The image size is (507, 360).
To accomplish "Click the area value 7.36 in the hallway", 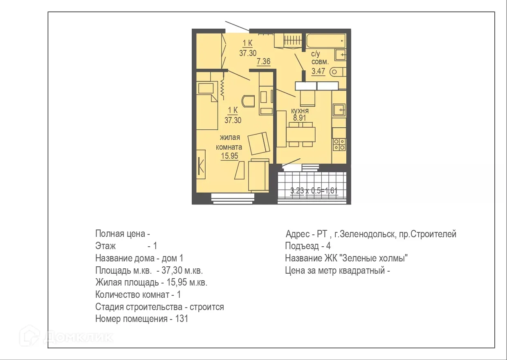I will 264,62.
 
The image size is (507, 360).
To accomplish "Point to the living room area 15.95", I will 229,155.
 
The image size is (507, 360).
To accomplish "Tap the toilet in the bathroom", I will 337,72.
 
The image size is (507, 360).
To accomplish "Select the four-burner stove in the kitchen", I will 339,144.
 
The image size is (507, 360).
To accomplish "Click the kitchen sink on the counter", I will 339,110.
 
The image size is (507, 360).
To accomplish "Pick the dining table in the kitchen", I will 301,134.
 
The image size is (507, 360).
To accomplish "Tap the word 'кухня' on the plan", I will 300,111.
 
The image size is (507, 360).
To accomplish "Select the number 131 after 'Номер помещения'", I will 182,319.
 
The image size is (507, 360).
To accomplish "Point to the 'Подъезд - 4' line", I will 307,246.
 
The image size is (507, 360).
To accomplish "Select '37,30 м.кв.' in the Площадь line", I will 185,271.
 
